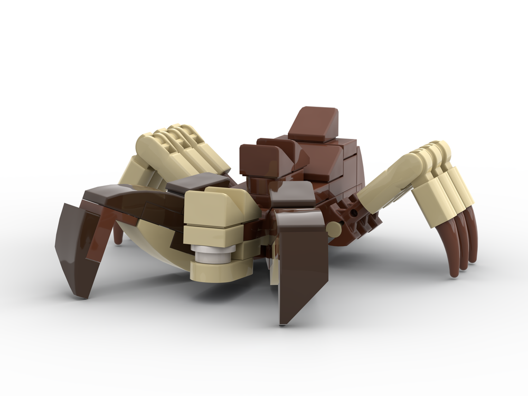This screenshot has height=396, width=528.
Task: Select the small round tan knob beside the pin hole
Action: click(x=334, y=228)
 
